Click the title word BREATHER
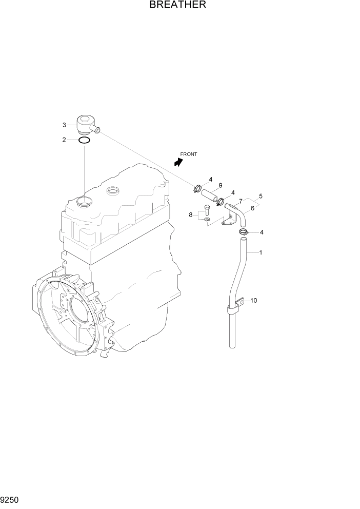(177, 6)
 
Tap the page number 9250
(10, 500)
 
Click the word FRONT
(189, 154)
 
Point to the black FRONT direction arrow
(178, 162)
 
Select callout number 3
(65, 125)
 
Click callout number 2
(65, 140)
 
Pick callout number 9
(220, 185)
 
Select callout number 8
(190, 215)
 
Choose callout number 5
(261, 196)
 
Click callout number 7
(240, 201)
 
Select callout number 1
(261, 252)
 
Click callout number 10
(253, 300)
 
